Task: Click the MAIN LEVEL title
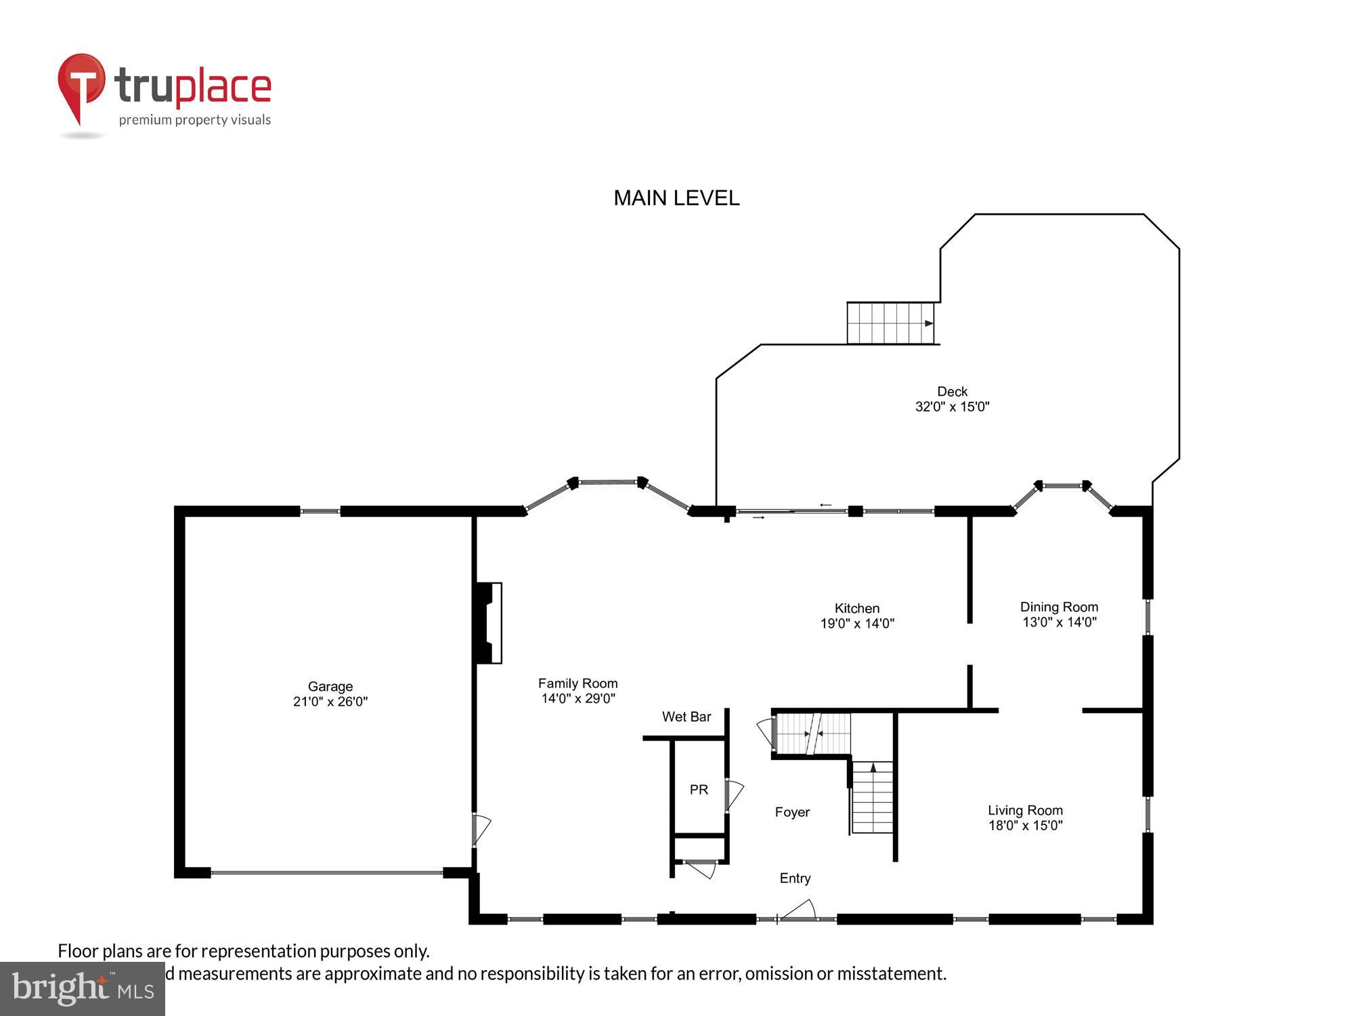tap(676, 198)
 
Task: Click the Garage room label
tap(330, 686)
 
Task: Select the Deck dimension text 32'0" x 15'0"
tap(952, 407)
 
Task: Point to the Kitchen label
tap(856, 608)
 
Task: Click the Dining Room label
tap(1059, 607)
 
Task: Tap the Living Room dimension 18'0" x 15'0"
tap(1025, 826)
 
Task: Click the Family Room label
tap(577, 683)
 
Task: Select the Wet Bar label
tap(686, 717)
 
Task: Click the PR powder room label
tap(699, 790)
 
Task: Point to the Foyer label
tap(792, 812)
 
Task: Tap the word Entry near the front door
tap(795, 879)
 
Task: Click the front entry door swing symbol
tap(798, 910)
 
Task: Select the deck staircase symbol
tap(890, 323)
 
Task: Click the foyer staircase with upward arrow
tap(873, 797)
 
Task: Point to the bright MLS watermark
tap(83, 990)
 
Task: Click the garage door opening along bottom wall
tap(327, 873)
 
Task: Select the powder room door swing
tap(734, 795)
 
